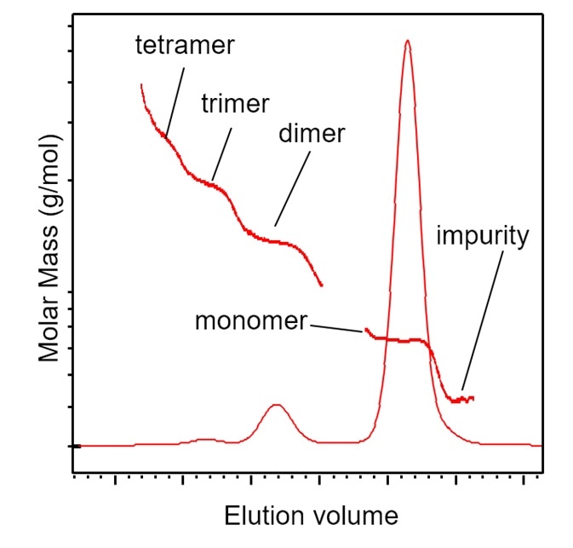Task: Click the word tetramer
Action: (185, 46)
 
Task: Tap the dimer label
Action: (311, 135)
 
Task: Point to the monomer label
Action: (250, 321)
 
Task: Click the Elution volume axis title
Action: (310, 516)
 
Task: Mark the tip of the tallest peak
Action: (407, 40)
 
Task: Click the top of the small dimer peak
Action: (275, 405)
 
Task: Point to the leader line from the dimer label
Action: (289, 192)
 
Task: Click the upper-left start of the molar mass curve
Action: (140, 84)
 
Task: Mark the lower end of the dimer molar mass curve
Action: (321, 285)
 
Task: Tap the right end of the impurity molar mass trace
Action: (473, 398)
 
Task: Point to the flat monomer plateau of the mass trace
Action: (400, 340)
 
